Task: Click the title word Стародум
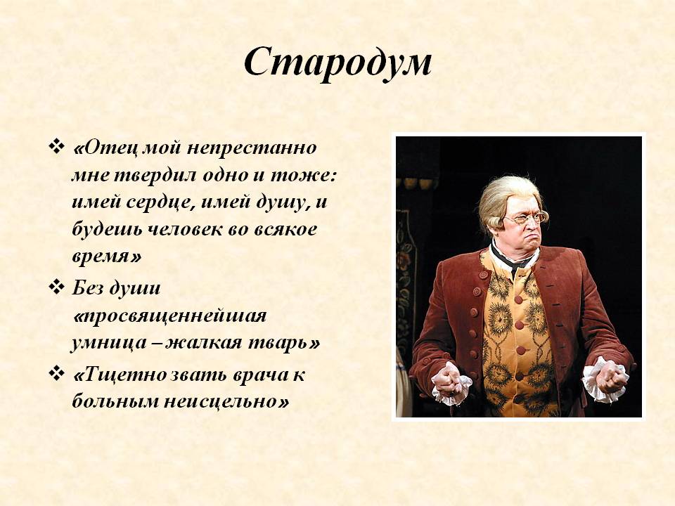point(337,63)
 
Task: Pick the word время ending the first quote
point(101,257)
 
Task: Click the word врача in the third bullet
point(257,375)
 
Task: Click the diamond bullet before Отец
point(56,146)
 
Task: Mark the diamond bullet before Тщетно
point(56,373)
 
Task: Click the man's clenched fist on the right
point(611,381)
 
